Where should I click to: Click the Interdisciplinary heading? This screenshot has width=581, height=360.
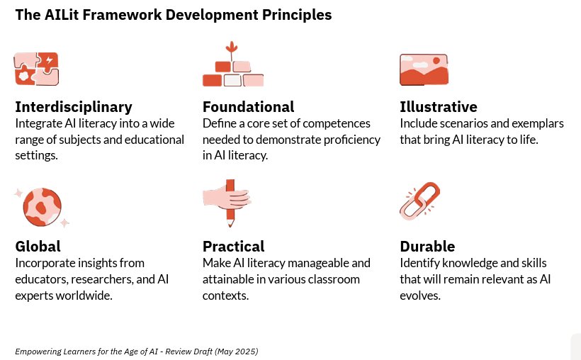(74, 107)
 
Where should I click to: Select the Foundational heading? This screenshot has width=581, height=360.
(248, 107)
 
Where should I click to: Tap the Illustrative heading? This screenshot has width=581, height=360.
(439, 107)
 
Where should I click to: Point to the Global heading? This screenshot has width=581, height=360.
(38, 247)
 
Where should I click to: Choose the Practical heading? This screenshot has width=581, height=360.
(233, 247)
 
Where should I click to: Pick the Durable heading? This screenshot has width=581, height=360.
(427, 247)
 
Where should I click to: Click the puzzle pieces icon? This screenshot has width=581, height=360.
(37, 69)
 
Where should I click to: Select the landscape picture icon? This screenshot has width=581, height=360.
(424, 69)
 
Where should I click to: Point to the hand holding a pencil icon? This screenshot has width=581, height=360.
(227, 202)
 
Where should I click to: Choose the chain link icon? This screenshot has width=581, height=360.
(419, 201)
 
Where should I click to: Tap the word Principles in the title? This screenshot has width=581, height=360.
(299, 15)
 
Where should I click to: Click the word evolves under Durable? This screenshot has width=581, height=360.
(420, 296)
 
